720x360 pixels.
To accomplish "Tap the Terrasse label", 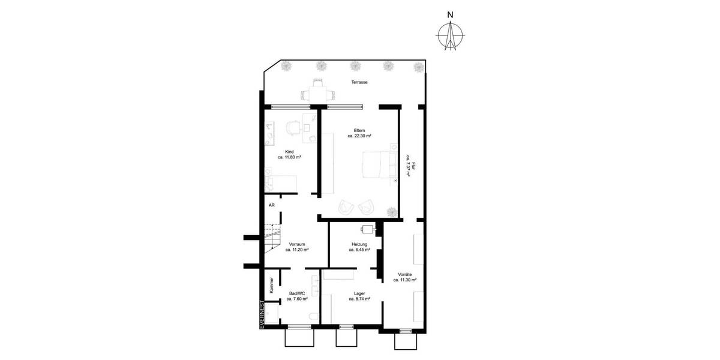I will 359,82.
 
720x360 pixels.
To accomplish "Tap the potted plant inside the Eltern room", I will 391,211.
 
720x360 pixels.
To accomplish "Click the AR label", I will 272,205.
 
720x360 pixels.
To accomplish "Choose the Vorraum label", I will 298,245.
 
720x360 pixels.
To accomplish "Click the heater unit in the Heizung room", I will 368,229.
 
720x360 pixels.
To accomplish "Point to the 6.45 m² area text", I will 359,250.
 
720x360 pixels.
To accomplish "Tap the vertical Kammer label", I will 272,284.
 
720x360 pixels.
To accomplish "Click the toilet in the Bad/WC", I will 311,317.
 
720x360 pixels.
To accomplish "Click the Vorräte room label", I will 404,274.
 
